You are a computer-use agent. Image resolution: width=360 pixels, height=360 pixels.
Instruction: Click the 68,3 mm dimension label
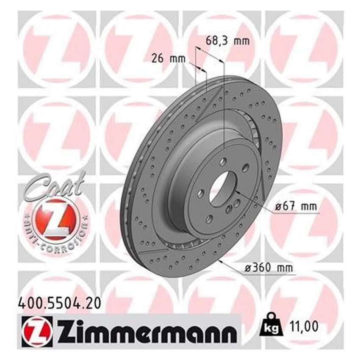pyautogui.click(x=227, y=42)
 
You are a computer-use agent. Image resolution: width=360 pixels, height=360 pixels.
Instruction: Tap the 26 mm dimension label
pyautogui.click(x=169, y=59)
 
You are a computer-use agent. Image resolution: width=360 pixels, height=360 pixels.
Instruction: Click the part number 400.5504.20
pyautogui.click(x=55, y=303)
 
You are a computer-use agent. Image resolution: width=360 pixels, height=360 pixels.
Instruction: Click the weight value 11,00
pyautogui.click(x=303, y=327)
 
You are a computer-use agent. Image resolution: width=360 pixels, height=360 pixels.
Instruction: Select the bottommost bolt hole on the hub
pyautogui.click(x=210, y=219)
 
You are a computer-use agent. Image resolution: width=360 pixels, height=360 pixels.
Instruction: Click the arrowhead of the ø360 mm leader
pyautogui.click(x=221, y=260)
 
